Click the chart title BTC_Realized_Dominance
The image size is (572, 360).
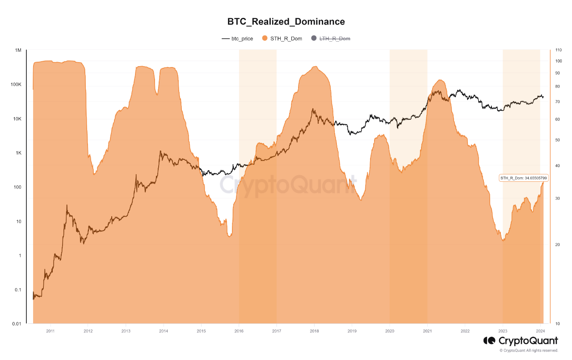click(x=286, y=21)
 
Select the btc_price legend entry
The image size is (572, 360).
click(x=237, y=38)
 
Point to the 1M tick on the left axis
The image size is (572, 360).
click(x=18, y=50)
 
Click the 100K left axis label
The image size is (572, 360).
click(x=16, y=85)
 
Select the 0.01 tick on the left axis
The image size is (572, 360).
click(x=16, y=324)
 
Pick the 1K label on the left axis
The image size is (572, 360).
click(x=17, y=153)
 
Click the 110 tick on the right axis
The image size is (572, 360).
click(x=558, y=50)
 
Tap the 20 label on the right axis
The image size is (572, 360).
click(x=557, y=245)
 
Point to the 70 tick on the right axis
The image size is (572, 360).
click(x=557, y=102)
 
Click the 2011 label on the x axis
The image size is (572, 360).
click(x=50, y=331)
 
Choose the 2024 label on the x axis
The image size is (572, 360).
click(x=540, y=331)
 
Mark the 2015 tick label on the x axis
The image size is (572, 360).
click(x=201, y=331)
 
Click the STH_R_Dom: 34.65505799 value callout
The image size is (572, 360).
click(x=524, y=178)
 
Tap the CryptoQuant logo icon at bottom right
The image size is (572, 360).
click(x=489, y=341)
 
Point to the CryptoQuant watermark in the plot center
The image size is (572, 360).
click(x=288, y=183)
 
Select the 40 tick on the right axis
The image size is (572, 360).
click(x=557, y=166)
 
